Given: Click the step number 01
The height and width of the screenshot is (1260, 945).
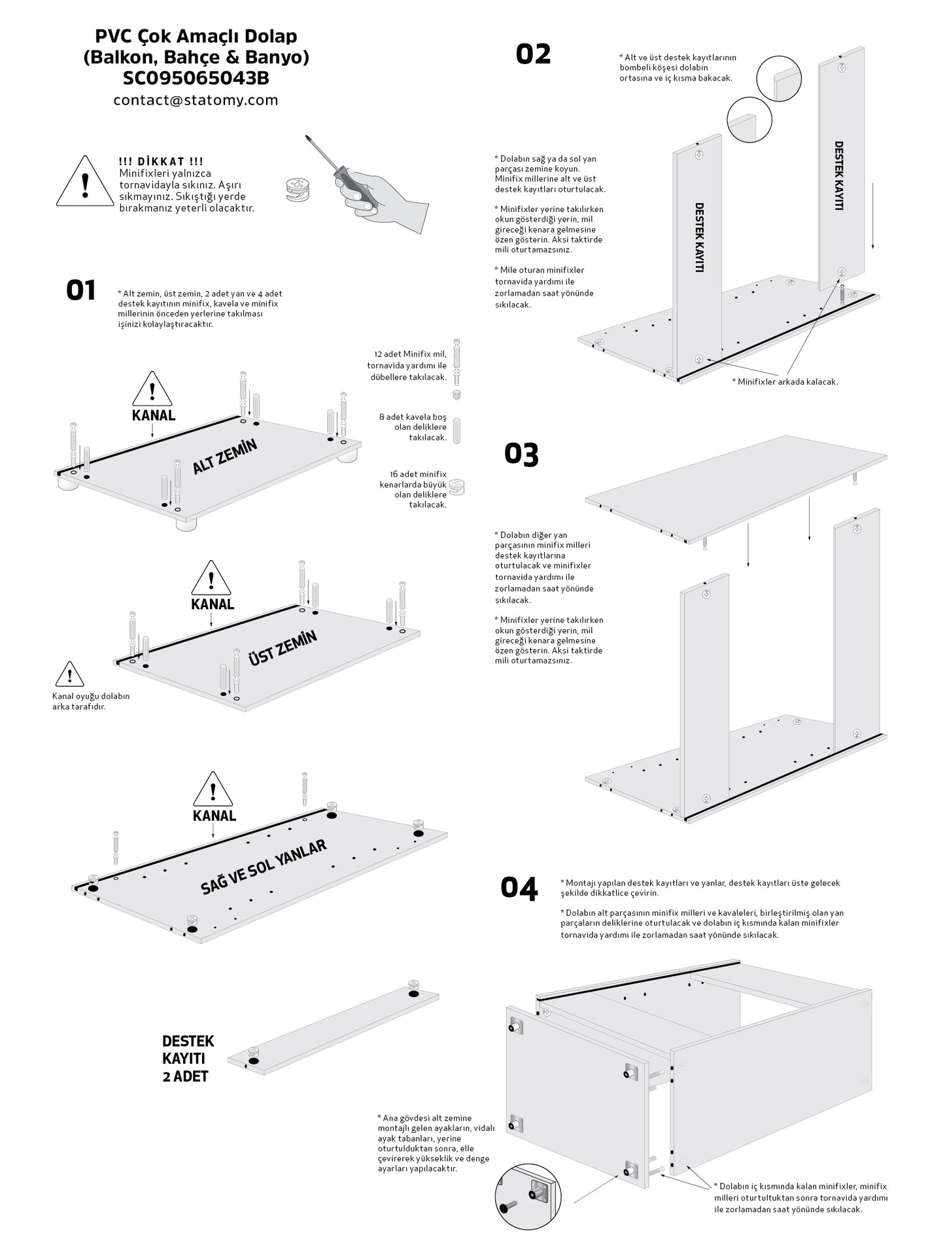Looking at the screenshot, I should pos(81,290).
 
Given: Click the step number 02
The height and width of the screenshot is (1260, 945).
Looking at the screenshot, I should pos(533,54).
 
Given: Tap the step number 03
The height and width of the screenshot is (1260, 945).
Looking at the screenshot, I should pos(521,454).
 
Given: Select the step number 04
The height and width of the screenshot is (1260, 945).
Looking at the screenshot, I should pos(519,888).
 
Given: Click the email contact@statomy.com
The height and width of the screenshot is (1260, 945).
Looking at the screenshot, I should pos(196,100).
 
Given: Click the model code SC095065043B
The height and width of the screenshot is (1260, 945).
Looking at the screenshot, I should pos(196,79).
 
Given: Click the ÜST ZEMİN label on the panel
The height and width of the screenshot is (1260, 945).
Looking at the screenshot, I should pos(282,648).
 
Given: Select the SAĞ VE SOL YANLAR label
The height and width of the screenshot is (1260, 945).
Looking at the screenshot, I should pos(263,867).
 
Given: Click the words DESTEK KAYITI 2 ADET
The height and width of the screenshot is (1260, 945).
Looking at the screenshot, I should pos(188,1059).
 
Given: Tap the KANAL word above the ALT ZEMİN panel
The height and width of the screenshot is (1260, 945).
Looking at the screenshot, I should pos(154,415).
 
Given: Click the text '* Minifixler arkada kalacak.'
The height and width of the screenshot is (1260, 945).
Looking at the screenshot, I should pos(785,381).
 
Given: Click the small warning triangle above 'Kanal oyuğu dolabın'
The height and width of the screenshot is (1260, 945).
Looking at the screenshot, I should pos(69,675).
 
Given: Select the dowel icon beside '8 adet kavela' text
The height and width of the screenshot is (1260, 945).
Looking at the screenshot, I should pos(457,430).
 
